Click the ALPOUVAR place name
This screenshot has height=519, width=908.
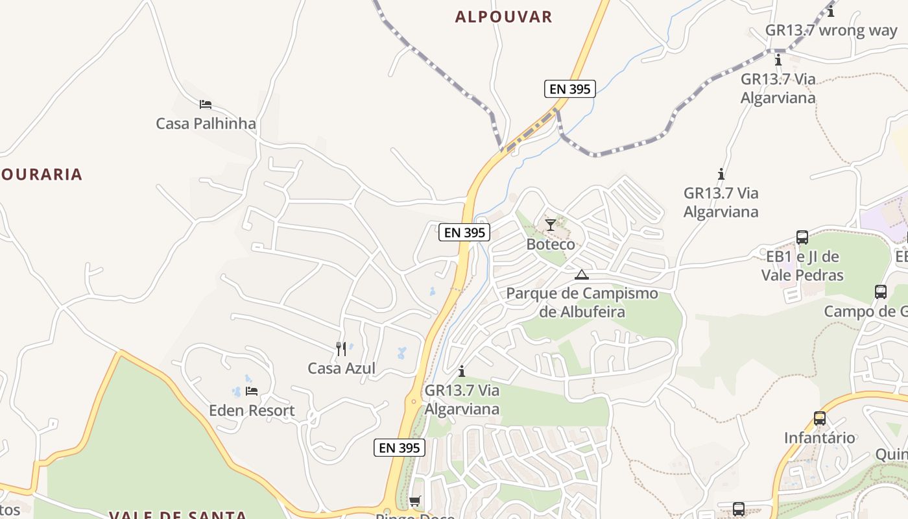point(503,17)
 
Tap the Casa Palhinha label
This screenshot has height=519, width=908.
point(206,123)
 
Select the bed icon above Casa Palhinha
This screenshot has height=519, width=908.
point(206,104)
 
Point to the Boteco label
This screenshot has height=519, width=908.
point(551,245)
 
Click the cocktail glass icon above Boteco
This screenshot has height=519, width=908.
point(551,225)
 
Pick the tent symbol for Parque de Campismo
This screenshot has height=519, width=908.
point(582,274)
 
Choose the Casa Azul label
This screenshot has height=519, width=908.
point(341,368)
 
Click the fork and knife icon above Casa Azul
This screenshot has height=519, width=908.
point(341,349)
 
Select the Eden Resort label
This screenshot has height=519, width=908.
point(252,411)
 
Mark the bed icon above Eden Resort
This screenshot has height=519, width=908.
point(252,391)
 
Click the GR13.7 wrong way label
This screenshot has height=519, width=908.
point(831,30)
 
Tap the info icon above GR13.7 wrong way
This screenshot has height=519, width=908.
point(831,11)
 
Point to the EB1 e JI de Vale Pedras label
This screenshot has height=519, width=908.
point(802,266)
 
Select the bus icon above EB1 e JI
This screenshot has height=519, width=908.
point(802,237)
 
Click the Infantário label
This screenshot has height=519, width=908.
point(820,438)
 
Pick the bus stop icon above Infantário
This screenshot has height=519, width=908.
point(820,418)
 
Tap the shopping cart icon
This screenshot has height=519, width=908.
point(414,501)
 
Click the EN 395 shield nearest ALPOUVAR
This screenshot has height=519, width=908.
point(569,89)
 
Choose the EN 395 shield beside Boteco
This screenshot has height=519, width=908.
point(464,232)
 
